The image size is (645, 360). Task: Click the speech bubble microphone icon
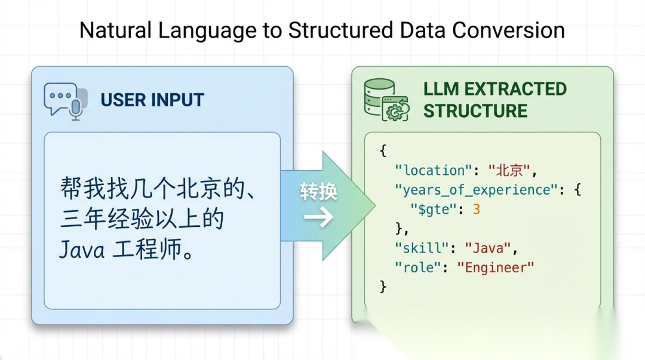click(x=65, y=100)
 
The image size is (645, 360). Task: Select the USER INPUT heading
click(x=152, y=100)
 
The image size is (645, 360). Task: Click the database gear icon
click(x=386, y=100)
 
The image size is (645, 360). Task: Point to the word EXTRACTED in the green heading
click(x=515, y=88)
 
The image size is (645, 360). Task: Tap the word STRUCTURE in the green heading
click(x=475, y=111)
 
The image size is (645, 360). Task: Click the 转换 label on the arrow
click(x=318, y=191)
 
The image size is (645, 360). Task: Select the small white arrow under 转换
click(x=318, y=218)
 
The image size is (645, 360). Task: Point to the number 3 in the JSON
click(x=476, y=209)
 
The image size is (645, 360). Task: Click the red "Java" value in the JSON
click(x=487, y=247)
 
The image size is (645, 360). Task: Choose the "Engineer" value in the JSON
click(x=495, y=267)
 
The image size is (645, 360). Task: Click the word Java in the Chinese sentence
click(x=82, y=250)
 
